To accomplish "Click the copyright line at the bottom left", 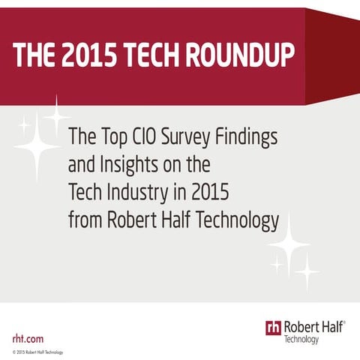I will (38, 352).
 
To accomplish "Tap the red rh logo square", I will (273, 327).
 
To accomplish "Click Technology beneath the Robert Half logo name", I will (301, 340).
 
